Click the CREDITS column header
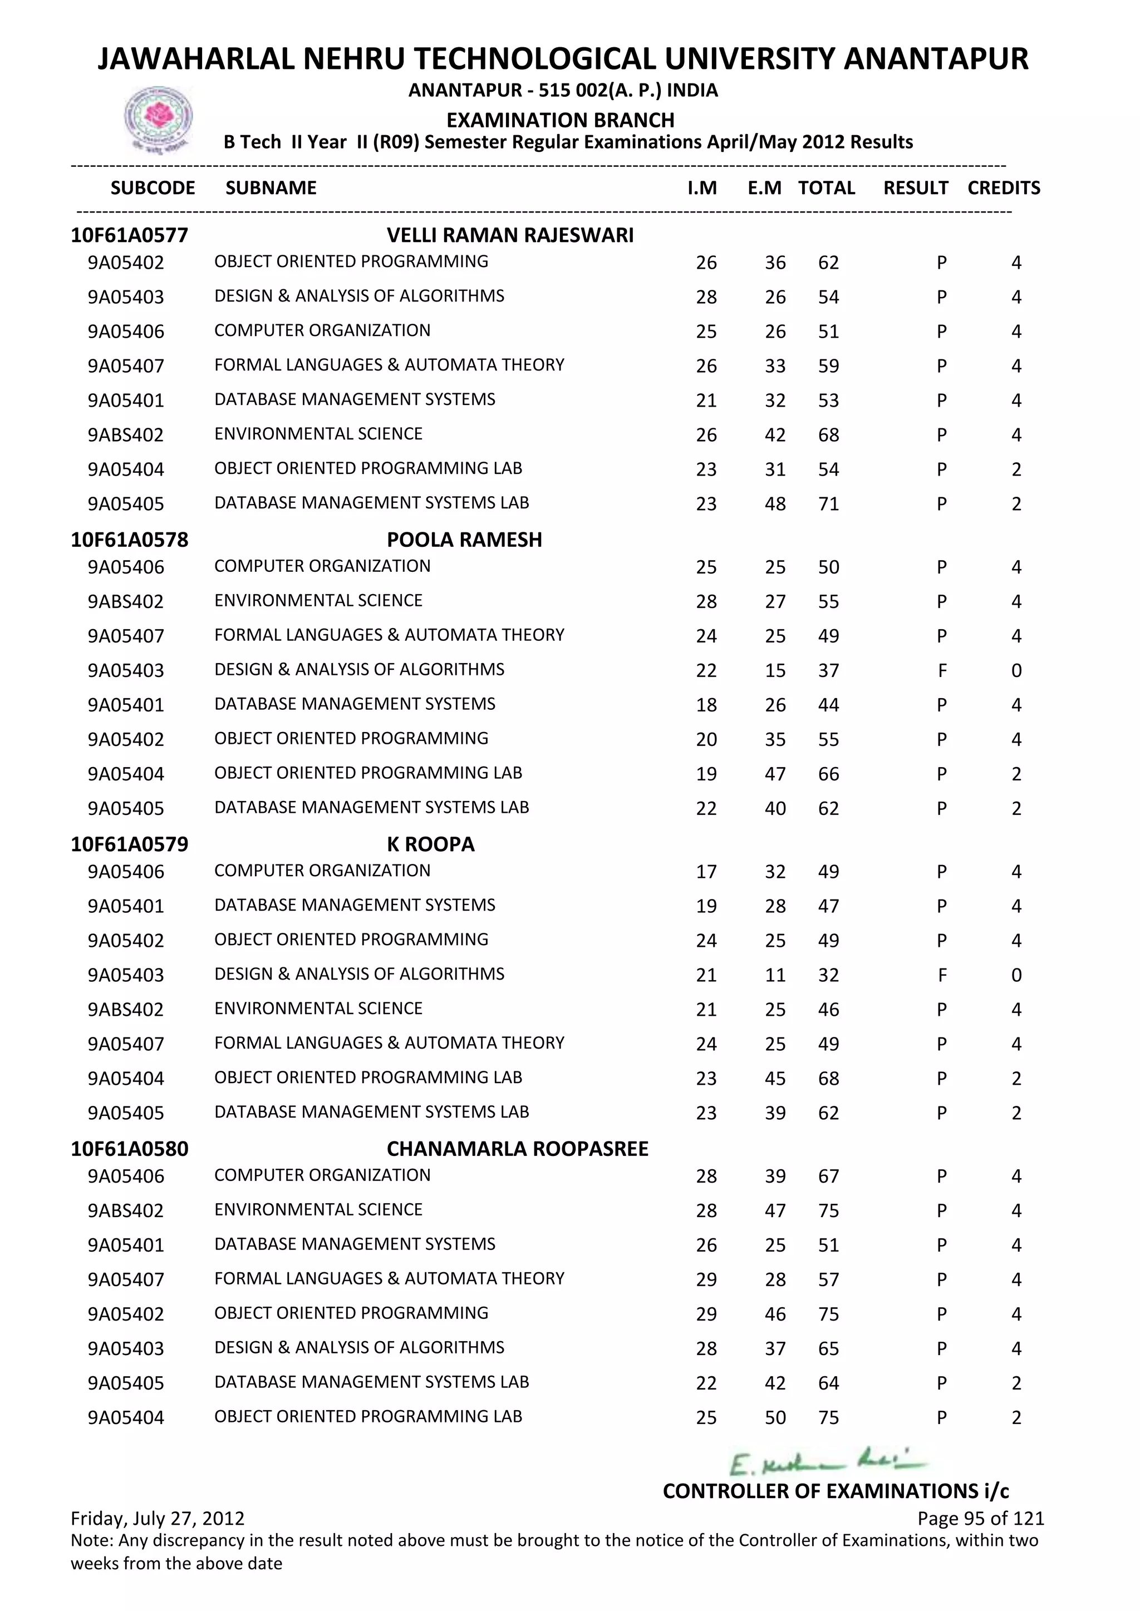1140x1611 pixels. click(x=1003, y=188)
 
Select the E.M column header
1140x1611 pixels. click(x=764, y=188)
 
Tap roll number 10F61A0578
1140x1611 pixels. click(x=130, y=540)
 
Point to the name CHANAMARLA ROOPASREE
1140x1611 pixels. click(x=517, y=1149)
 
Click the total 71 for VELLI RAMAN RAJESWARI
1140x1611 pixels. click(x=828, y=504)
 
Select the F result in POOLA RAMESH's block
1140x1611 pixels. click(x=941, y=671)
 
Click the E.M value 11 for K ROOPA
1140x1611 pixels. click(x=775, y=975)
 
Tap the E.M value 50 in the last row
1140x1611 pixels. click(x=775, y=1417)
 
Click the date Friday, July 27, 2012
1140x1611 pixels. click(x=158, y=1519)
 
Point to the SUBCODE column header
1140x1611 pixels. click(x=153, y=188)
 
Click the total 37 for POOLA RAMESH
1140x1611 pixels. click(x=828, y=671)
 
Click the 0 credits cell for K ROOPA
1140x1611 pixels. click(x=1016, y=975)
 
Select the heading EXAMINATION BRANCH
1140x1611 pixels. click(x=560, y=120)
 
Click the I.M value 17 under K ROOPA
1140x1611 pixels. click(x=706, y=872)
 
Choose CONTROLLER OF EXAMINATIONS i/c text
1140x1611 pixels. click(x=836, y=1491)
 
